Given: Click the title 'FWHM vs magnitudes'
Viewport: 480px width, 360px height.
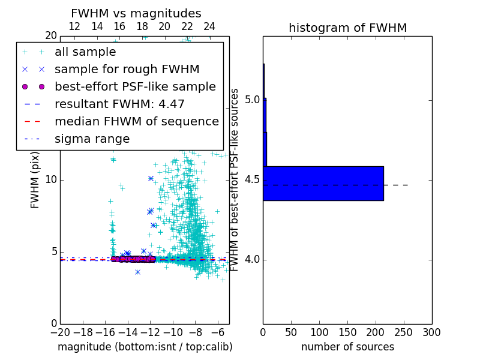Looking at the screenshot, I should tap(136, 13).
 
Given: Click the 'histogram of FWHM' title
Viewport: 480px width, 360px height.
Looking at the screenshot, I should tap(347, 28).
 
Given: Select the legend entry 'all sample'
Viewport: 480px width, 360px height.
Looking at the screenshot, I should tap(85, 52).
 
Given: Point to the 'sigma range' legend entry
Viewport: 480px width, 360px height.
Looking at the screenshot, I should tap(92, 139).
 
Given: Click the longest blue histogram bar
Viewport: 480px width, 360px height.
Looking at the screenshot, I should tap(323, 183).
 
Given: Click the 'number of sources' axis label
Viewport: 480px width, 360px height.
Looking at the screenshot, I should tap(347, 347).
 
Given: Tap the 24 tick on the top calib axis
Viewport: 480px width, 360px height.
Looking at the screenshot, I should tap(209, 26).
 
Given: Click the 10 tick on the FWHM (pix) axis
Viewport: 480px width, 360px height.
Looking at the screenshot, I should tap(50, 179).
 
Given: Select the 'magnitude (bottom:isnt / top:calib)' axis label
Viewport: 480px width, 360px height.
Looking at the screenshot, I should tap(145, 347).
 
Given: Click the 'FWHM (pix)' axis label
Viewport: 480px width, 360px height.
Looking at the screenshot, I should tap(35, 180).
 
